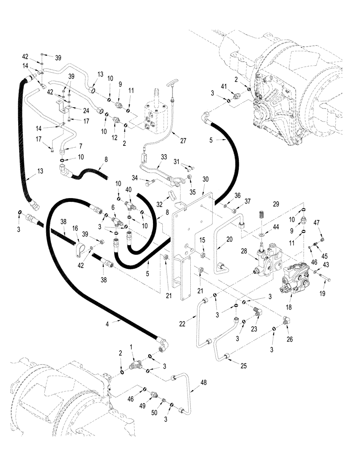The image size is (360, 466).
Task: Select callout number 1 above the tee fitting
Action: [132, 346]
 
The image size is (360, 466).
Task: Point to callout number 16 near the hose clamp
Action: [76, 230]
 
